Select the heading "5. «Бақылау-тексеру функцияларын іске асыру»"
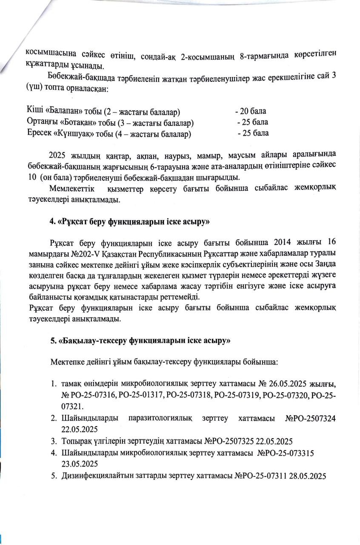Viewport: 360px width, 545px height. coord(140,341)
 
